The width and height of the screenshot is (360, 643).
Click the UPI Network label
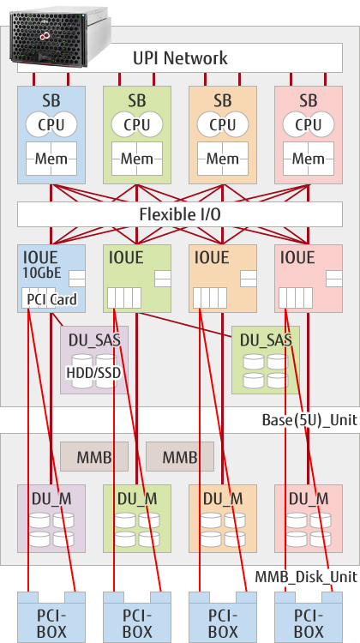coord(180,57)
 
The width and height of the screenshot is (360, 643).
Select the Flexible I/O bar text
coord(180,214)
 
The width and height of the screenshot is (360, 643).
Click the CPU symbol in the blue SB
coord(51,124)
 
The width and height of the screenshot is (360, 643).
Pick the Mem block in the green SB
coord(137,159)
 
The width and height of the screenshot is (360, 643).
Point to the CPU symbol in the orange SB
coord(223,124)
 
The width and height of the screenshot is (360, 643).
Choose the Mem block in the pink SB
coord(309,159)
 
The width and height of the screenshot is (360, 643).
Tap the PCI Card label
coord(51,300)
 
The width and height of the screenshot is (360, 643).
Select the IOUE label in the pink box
coord(297,257)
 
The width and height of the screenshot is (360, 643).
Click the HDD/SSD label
coord(94,373)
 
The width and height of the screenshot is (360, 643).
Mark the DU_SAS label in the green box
coord(266,340)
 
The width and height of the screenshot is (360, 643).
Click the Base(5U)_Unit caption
coord(309,420)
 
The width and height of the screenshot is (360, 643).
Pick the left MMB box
coord(94,456)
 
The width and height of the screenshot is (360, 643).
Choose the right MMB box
coord(180,456)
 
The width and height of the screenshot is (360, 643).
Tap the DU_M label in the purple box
coord(51,499)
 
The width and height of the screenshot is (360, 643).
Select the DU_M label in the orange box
coord(223,499)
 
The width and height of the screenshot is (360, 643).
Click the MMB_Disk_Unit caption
coord(306,577)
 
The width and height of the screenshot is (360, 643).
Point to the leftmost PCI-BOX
coord(51,617)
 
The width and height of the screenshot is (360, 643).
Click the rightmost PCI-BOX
coord(309,617)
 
